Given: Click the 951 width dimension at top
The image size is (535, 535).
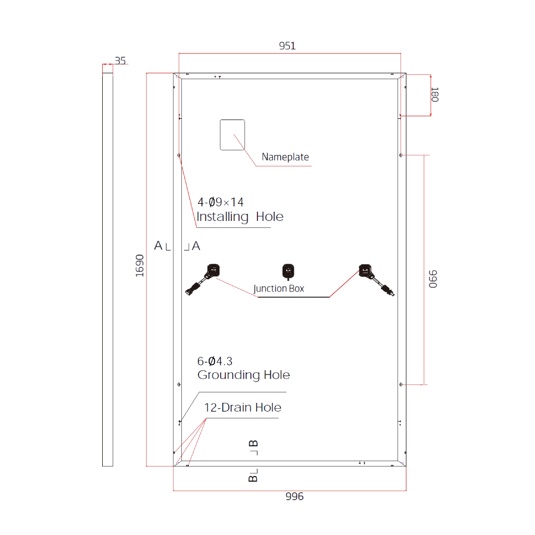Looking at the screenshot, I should (x=287, y=46).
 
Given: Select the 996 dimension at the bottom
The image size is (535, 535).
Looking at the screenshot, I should (x=294, y=496).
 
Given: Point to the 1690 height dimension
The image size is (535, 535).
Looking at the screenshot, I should (x=140, y=265).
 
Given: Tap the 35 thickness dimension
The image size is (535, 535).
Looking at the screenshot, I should (x=120, y=61).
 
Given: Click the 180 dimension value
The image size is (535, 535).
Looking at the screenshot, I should (x=434, y=95).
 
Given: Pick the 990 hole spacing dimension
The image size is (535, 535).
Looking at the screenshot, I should (x=433, y=279).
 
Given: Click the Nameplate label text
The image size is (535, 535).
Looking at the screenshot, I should (x=285, y=157).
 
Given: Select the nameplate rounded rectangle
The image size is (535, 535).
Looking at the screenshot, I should (x=233, y=134).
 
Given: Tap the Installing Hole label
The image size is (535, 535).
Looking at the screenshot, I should (x=240, y=217).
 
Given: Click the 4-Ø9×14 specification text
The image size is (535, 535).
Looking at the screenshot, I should (x=220, y=202).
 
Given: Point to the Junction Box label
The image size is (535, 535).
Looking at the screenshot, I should (x=279, y=289).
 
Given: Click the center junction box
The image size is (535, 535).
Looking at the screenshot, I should (x=288, y=270).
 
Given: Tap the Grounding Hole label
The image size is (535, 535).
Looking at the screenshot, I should (x=243, y=375).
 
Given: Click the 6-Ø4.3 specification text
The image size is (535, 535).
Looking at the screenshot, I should (x=215, y=361).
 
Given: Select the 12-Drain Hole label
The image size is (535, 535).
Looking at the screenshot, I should (x=242, y=408).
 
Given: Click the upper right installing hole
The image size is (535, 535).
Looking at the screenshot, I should (x=401, y=156).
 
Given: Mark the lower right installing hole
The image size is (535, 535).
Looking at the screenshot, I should (x=401, y=384).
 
